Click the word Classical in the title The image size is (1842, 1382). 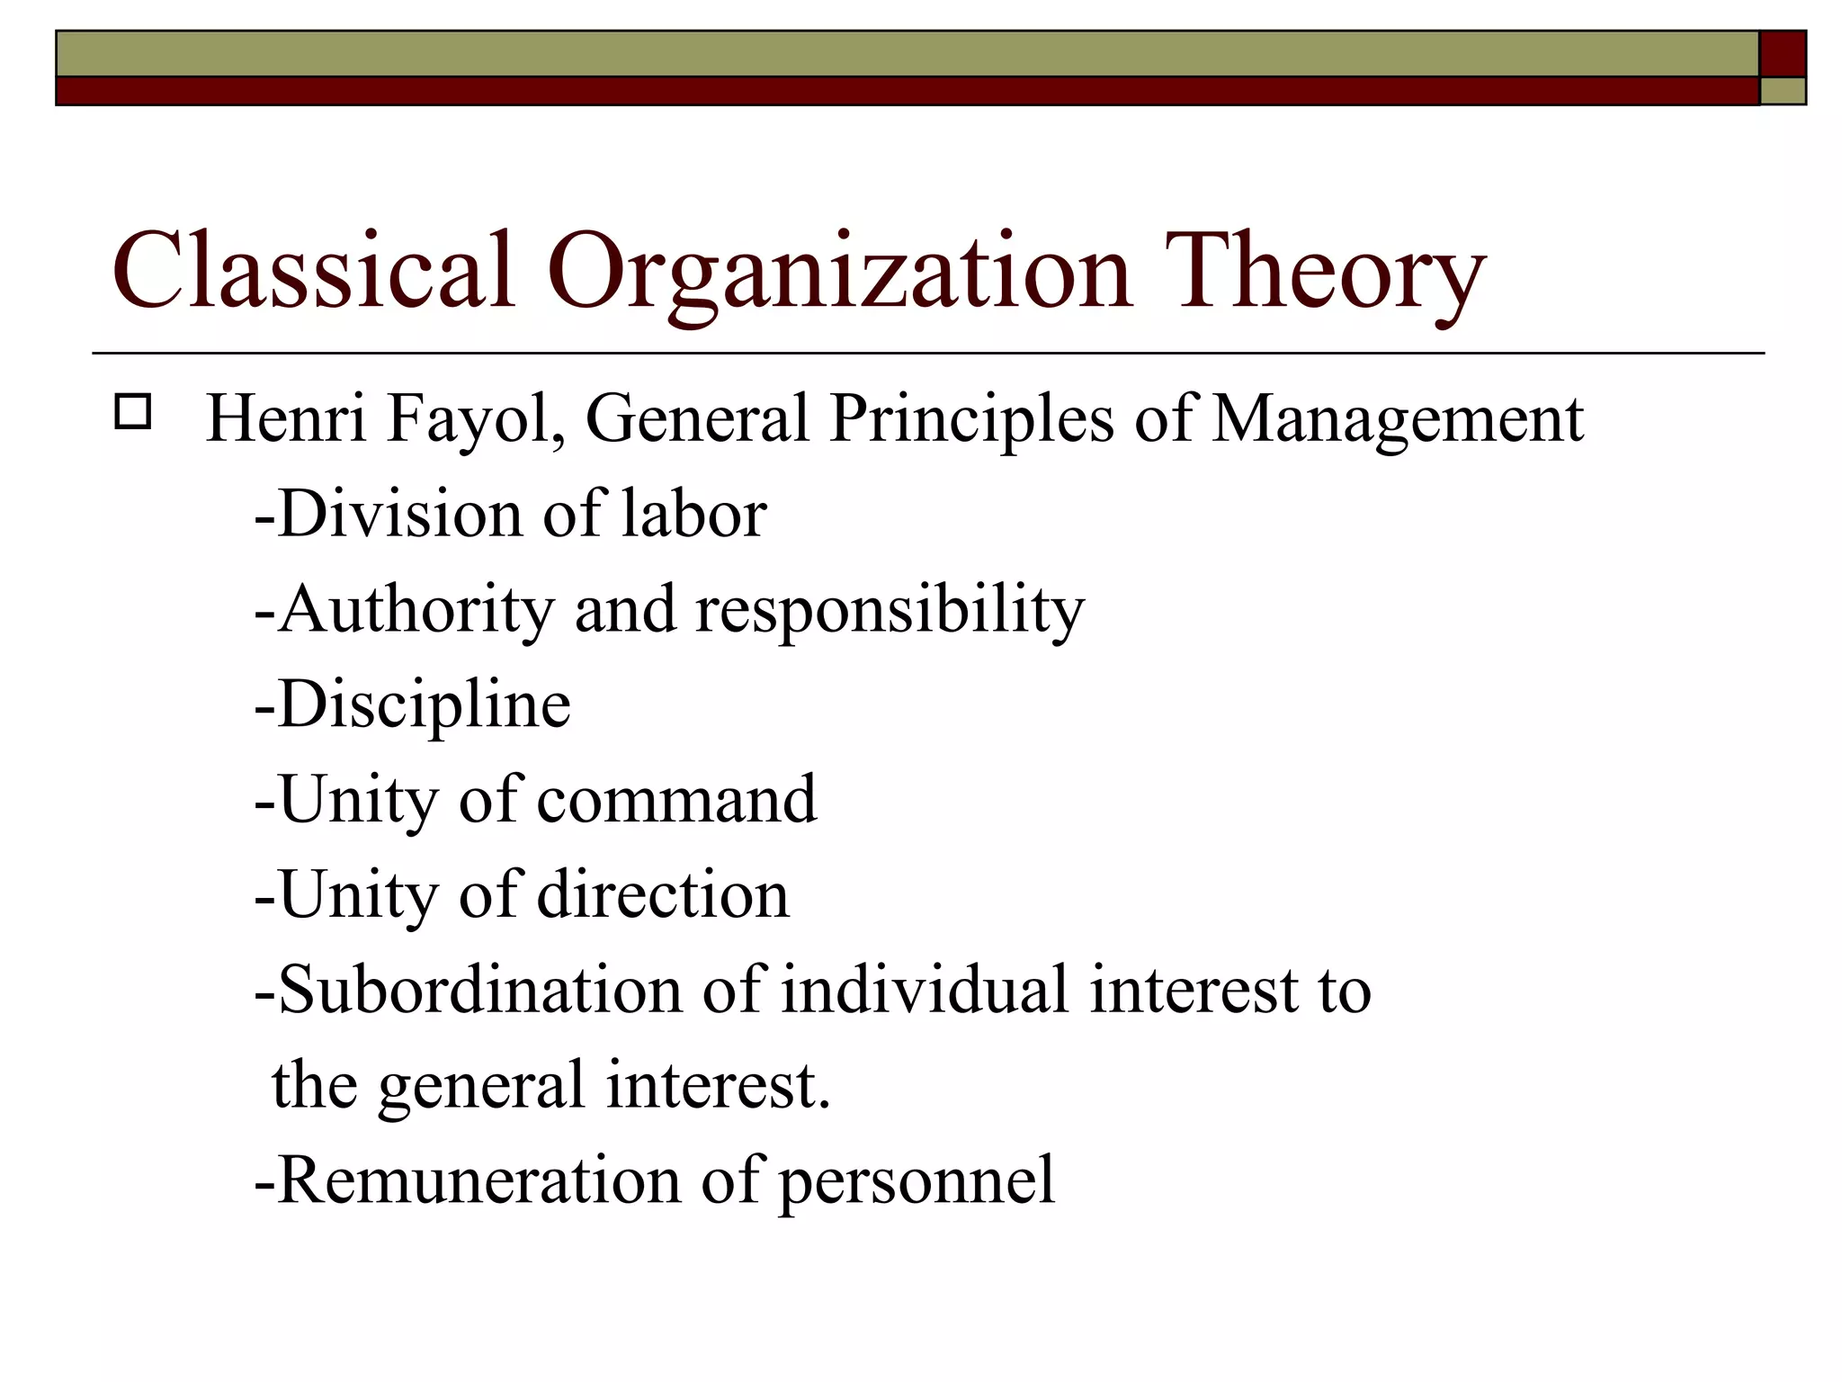tap(313, 270)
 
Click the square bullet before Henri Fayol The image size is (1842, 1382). tap(133, 413)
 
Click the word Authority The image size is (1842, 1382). tap(416, 610)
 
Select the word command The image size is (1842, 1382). tap(676, 800)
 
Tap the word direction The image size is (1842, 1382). tap(663, 895)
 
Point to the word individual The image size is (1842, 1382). tap(925, 990)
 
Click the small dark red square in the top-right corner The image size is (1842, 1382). tap(1782, 54)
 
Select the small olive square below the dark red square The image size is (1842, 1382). tap(1782, 91)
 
